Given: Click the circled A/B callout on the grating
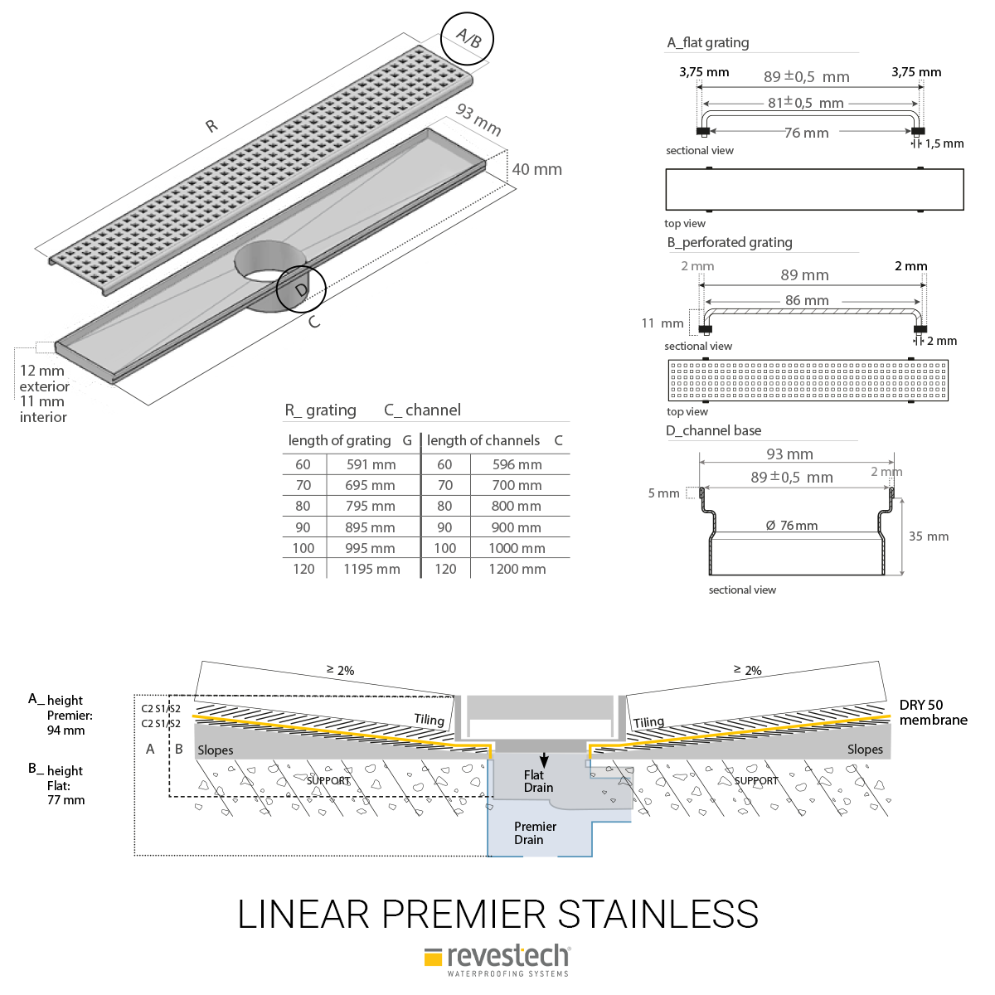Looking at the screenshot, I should click(467, 38).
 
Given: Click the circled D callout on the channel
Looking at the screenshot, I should click(301, 289).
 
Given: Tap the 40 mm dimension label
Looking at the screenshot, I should click(536, 169).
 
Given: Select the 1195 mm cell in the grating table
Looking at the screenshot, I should click(371, 569).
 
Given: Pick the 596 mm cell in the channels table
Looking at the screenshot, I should click(517, 464).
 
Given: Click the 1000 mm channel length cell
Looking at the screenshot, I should click(517, 548).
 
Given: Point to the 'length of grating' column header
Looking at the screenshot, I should click(339, 440).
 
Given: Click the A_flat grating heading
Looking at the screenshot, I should click(707, 42).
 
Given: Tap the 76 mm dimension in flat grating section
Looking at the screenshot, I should click(806, 133).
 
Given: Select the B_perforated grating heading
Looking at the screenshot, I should click(730, 242).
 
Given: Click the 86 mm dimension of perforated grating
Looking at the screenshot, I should click(807, 300).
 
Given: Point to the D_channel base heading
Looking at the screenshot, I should click(713, 430).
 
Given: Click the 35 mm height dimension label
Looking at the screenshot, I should click(929, 536).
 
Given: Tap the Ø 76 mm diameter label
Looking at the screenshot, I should click(791, 526).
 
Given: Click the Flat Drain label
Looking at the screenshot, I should click(537, 781).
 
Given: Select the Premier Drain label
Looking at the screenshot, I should click(535, 832).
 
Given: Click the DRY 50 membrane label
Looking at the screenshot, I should click(933, 712).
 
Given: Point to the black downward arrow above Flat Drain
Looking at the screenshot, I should click(544, 760).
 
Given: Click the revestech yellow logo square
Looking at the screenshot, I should click(433, 958).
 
